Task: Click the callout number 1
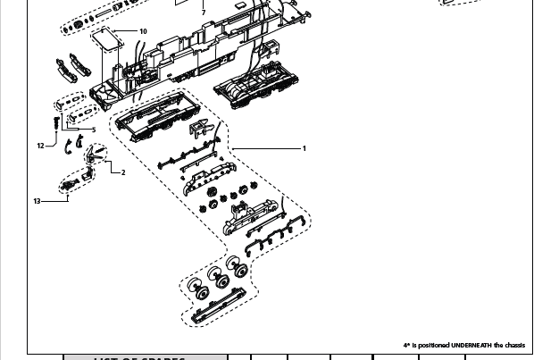pyautogui.click(x=305, y=148)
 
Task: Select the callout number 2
pyautogui.click(x=123, y=172)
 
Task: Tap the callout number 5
pyautogui.click(x=93, y=130)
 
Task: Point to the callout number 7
pyautogui.click(x=204, y=13)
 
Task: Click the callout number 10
pyautogui.click(x=143, y=31)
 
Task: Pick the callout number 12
pyautogui.click(x=41, y=146)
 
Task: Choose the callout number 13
pyautogui.click(x=38, y=201)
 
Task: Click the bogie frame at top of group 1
pyautogui.click(x=158, y=114)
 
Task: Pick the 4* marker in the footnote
pyautogui.click(x=407, y=345)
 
